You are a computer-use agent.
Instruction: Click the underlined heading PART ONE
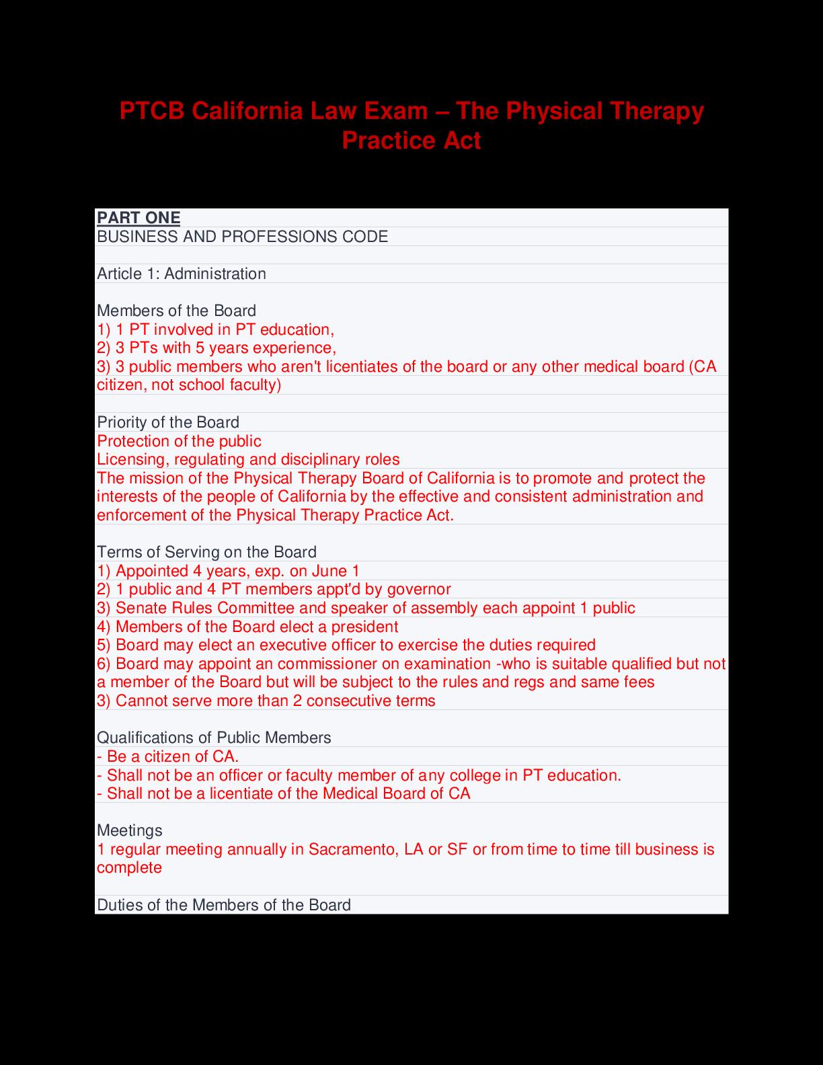[x=139, y=218]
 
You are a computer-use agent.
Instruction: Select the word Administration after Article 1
[x=215, y=274]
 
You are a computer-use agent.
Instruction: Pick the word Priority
[x=120, y=422]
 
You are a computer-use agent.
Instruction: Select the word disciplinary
[x=313, y=460]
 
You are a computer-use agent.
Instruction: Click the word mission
[x=153, y=478]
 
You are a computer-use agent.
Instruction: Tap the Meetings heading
[x=130, y=830]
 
